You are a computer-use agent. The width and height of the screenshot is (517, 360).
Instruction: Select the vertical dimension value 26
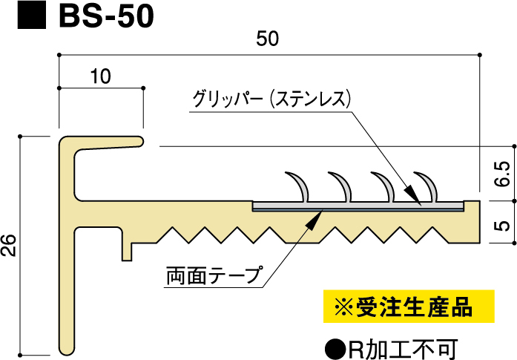(x=10, y=243)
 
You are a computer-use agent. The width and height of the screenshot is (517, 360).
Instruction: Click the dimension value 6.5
(x=501, y=175)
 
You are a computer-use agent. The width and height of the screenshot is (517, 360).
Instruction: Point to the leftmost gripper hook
(x=297, y=186)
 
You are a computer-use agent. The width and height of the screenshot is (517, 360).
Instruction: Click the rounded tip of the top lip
(x=139, y=140)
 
